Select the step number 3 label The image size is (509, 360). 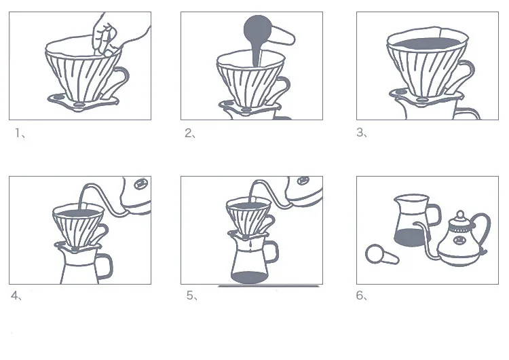361,132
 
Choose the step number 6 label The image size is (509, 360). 361,295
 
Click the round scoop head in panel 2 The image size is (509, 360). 258,29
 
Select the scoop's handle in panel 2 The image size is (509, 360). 283,36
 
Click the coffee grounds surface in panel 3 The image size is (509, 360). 427,43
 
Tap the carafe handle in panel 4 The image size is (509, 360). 105,266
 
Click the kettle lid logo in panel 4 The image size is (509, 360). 141,184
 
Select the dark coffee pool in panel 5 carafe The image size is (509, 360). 249,278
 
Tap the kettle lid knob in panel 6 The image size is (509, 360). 460,215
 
